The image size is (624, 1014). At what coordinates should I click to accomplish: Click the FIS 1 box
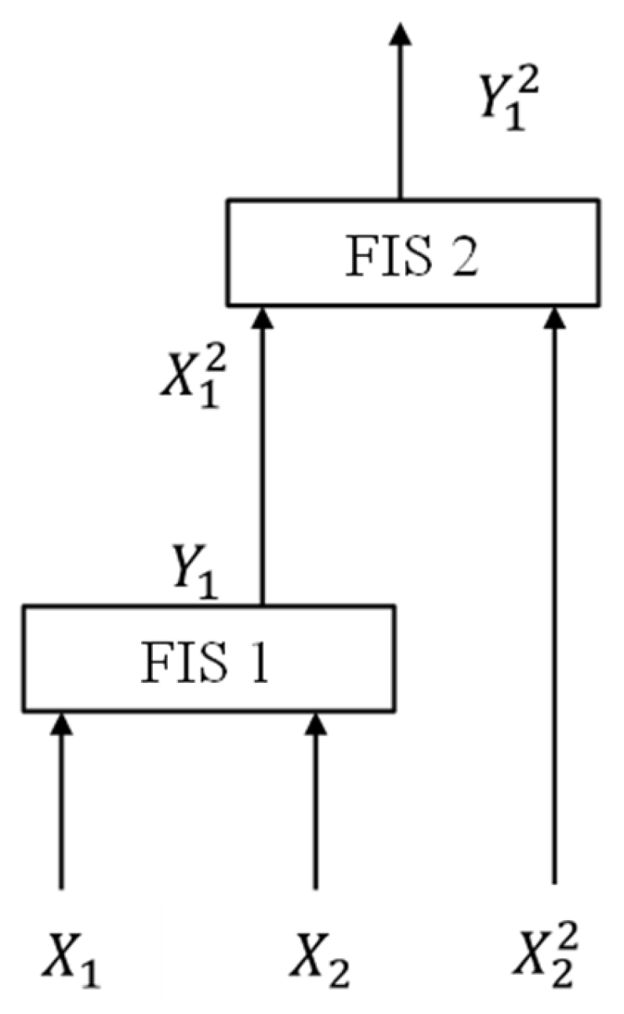click(x=208, y=659)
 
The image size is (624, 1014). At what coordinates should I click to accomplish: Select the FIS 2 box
click(x=413, y=252)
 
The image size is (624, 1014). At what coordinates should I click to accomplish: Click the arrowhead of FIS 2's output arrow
click(x=400, y=33)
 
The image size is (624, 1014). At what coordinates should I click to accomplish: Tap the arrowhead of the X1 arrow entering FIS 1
click(x=61, y=724)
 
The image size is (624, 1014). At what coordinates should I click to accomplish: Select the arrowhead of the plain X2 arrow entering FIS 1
click(x=316, y=724)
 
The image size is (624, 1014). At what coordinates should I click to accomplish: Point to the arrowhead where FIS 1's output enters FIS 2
click(x=263, y=316)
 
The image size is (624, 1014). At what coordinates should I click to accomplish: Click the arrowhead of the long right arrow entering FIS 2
click(x=555, y=316)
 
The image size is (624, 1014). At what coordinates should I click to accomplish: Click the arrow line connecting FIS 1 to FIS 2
click(x=263, y=470)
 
